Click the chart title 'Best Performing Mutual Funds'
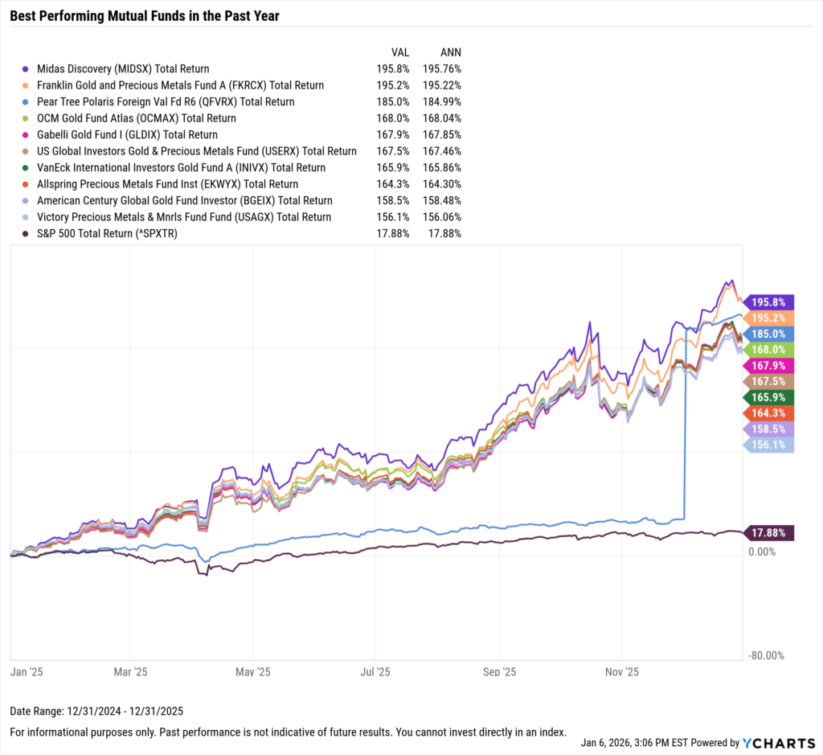145,15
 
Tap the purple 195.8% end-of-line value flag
768,302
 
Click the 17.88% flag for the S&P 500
768,532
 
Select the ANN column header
451,51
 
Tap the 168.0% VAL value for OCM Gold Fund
392,118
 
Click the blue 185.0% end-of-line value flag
768,333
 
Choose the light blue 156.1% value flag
768,444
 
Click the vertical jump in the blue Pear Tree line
684,426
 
